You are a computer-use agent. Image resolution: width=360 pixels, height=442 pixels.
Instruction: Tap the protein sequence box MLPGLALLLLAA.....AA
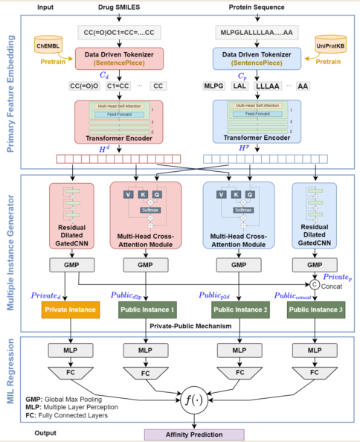click(254, 33)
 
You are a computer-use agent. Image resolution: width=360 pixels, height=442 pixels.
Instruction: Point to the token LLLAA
click(268, 87)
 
